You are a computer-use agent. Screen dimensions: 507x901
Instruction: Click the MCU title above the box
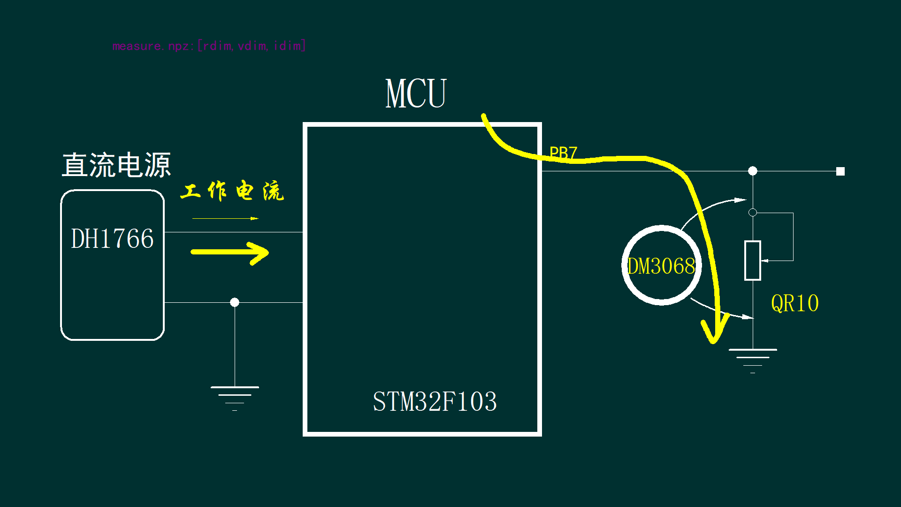coord(416,94)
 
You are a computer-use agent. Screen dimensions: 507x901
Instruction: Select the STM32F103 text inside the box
coord(435,402)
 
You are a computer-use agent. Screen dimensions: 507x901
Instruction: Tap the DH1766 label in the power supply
coord(112,238)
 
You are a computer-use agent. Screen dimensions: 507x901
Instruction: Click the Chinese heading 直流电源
coord(116,165)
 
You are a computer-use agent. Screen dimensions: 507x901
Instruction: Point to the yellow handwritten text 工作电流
coord(232,191)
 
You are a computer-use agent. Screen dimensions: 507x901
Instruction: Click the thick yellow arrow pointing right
coord(230,253)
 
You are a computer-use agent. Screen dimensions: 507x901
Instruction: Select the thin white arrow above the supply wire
coord(225,218)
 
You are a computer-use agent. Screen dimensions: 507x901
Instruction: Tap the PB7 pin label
coord(563,153)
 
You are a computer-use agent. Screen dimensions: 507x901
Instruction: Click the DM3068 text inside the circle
coord(661,266)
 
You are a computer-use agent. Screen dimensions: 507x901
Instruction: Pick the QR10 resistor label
coord(794,303)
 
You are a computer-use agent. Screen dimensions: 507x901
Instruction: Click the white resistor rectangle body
coord(752,261)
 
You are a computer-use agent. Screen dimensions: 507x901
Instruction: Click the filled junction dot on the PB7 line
coord(752,171)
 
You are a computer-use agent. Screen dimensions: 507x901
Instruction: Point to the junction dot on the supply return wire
coord(235,302)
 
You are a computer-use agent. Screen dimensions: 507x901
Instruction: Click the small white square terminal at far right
coord(840,171)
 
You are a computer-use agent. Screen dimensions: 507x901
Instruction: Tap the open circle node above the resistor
coord(752,213)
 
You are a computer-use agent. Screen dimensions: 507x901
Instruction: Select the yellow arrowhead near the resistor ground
coord(714,330)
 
